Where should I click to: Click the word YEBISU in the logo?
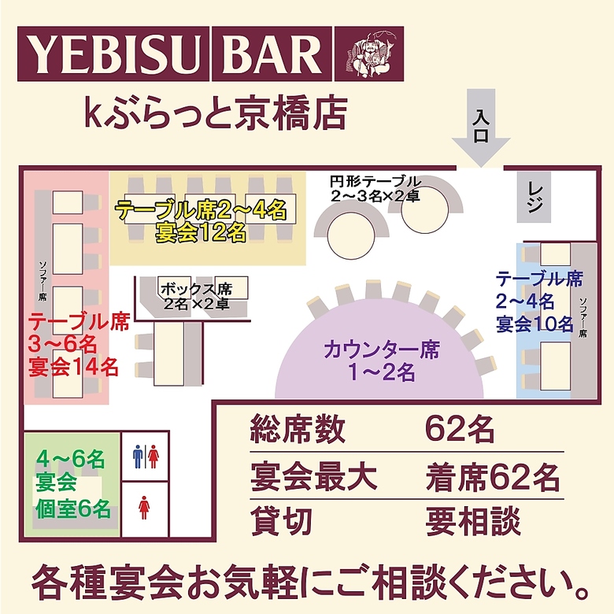click(113, 54)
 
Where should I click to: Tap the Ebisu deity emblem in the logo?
click(369, 54)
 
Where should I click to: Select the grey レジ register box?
click(534, 197)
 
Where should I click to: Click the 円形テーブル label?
click(375, 182)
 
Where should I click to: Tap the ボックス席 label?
click(197, 290)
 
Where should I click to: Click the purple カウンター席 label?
click(382, 350)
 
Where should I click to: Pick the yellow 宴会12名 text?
click(201, 232)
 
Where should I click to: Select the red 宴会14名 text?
click(73, 368)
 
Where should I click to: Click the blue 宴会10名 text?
click(534, 324)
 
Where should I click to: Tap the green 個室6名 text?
click(73, 509)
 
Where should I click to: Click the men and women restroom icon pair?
click(146, 457)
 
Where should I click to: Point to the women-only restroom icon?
click(144, 508)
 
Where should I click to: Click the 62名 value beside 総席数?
click(460, 429)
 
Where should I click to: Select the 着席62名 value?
click(493, 477)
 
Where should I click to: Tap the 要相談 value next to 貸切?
click(473, 521)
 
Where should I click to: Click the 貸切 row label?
click(281, 521)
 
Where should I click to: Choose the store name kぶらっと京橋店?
click(216, 113)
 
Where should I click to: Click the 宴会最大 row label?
click(313, 477)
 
